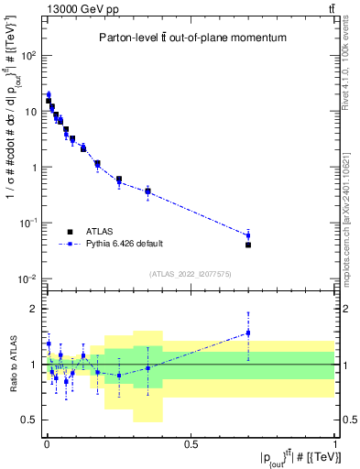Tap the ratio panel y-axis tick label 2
30,309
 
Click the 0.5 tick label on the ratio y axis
26,420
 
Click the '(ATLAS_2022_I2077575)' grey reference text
191,274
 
